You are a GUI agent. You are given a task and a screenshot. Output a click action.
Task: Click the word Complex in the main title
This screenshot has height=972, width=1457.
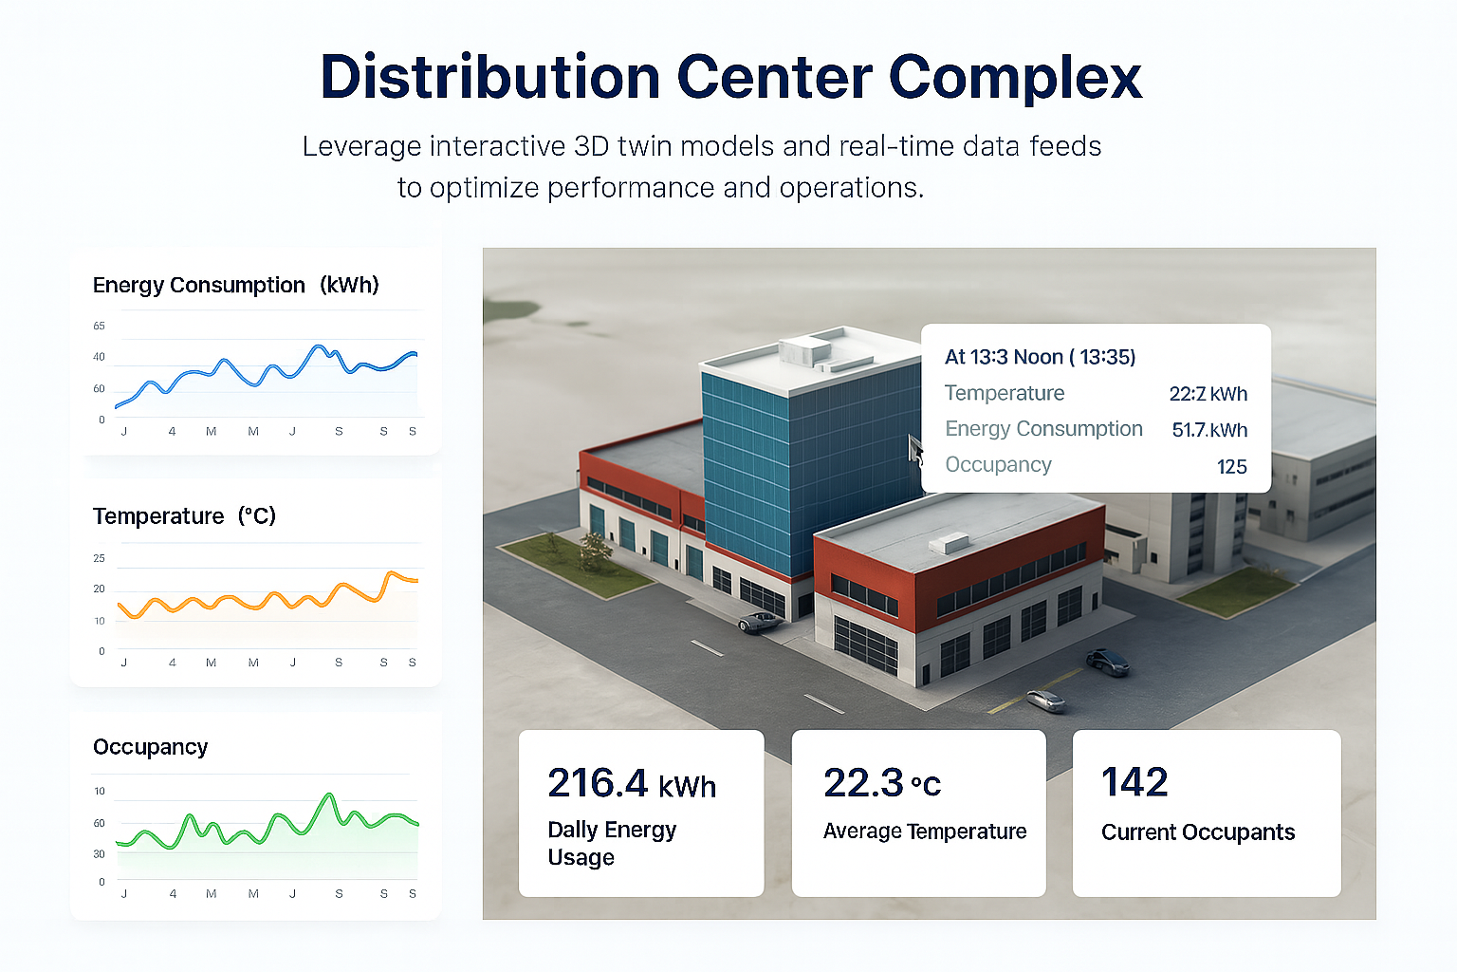[x=1015, y=78]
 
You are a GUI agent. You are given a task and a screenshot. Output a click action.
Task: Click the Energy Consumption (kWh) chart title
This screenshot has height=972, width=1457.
[x=235, y=285]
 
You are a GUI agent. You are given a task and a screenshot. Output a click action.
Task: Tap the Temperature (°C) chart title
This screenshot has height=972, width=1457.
[x=184, y=516]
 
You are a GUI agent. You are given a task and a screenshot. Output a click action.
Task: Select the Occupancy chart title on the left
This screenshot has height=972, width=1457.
[x=150, y=747]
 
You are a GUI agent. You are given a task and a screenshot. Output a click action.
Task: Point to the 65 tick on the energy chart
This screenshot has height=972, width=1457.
[x=99, y=326]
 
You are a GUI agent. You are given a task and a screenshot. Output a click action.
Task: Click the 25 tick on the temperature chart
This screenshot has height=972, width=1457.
[x=99, y=558]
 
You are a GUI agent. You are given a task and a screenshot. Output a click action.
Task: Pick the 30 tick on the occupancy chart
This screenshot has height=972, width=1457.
[x=99, y=853]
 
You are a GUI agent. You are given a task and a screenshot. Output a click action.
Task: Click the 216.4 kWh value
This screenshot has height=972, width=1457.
[x=631, y=784]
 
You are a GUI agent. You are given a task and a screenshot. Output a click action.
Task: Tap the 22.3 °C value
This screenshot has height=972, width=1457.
[x=881, y=784]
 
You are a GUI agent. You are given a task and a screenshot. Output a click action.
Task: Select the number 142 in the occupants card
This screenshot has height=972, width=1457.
[x=1134, y=782]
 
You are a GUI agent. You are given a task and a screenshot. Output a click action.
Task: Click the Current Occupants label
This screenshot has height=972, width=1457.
[x=1197, y=832]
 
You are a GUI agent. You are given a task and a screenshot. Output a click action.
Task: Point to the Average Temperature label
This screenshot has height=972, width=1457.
[x=924, y=832]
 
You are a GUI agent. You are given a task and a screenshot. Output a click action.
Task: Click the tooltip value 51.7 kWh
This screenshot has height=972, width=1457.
[x=1208, y=430]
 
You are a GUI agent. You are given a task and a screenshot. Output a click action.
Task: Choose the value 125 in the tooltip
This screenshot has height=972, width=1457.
[x=1231, y=466]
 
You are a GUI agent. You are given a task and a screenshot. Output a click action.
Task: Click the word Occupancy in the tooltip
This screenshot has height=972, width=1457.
[x=998, y=465]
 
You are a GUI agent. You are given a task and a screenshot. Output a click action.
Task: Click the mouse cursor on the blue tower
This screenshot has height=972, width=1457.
[x=915, y=449]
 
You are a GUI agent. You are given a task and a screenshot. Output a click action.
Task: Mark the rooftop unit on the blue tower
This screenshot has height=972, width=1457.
[x=804, y=350]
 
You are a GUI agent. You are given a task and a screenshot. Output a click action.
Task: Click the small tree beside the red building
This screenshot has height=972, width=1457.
[x=595, y=550]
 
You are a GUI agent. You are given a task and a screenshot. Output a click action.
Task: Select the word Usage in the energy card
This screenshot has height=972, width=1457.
[x=581, y=858]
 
